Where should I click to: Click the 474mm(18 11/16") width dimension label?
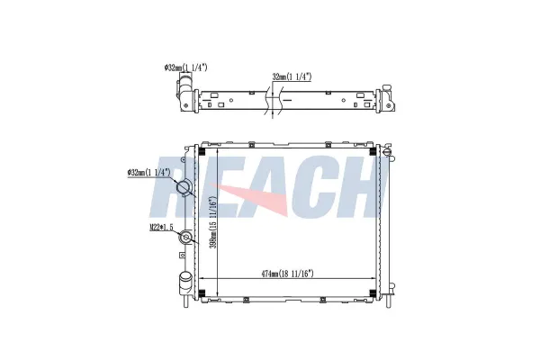point(288,274)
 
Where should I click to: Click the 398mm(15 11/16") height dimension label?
point(214,222)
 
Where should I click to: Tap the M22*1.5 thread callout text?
point(161,227)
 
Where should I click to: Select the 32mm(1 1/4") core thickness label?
point(292,76)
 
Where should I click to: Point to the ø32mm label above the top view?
point(186,67)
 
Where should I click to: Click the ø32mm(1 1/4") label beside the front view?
point(148,172)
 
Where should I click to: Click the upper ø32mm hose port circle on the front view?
point(184,188)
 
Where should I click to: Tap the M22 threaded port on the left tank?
point(186,238)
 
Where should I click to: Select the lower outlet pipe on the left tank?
point(185,283)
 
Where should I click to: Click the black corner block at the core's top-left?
point(202,151)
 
